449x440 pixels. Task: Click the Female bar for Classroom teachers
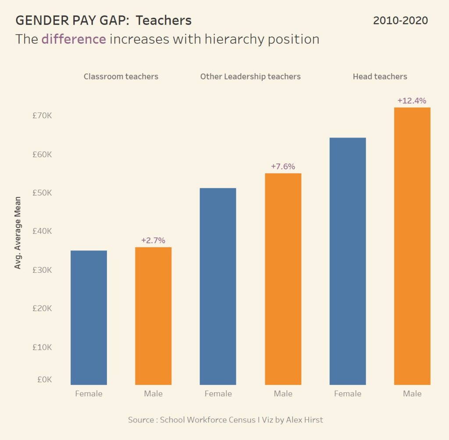click(x=89, y=317)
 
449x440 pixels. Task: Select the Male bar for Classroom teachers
click(x=153, y=316)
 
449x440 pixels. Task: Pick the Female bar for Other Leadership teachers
click(x=218, y=286)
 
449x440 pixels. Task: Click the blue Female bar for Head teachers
click(x=347, y=261)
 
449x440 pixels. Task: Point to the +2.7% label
click(x=153, y=240)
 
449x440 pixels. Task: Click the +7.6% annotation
click(x=283, y=166)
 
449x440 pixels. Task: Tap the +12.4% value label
click(x=412, y=101)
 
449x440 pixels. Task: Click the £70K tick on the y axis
click(x=43, y=116)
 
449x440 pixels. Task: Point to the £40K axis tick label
click(x=43, y=232)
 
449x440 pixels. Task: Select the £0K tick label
click(x=44, y=380)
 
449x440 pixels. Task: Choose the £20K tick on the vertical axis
click(x=43, y=309)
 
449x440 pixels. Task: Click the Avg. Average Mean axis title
click(x=18, y=232)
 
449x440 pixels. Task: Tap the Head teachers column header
click(x=380, y=77)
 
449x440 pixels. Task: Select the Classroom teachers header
click(x=121, y=77)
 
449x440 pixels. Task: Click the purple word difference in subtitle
click(x=74, y=39)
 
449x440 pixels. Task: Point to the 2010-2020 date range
click(x=400, y=21)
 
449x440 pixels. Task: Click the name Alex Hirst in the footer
click(x=304, y=419)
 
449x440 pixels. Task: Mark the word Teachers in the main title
click(x=164, y=21)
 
